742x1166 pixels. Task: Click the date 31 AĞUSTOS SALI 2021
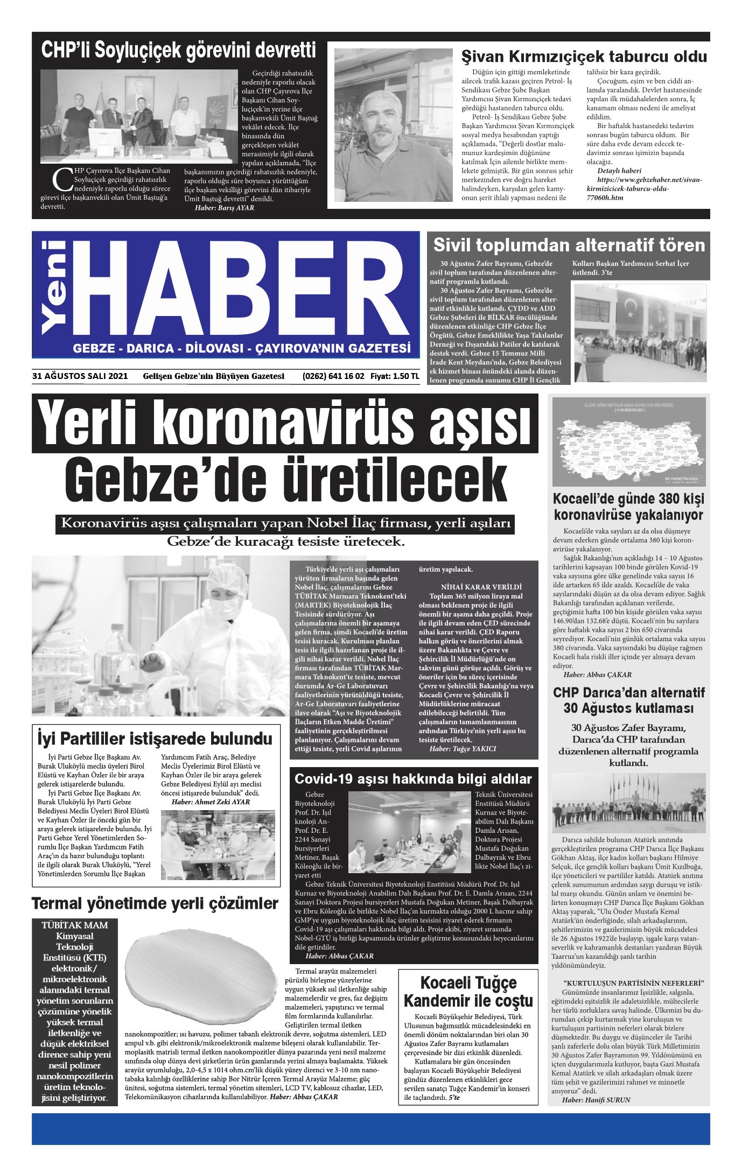(80, 376)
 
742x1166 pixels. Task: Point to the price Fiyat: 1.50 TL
(394, 376)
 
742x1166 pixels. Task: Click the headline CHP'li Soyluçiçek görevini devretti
(179, 51)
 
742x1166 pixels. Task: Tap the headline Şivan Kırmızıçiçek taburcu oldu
(584, 57)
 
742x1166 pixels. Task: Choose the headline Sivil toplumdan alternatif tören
(569, 245)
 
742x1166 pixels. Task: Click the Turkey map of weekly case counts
(629, 442)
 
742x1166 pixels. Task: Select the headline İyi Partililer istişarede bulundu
(155, 737)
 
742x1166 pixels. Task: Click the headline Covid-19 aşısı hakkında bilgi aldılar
(413, 779)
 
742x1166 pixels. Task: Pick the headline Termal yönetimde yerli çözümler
(155, 903)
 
